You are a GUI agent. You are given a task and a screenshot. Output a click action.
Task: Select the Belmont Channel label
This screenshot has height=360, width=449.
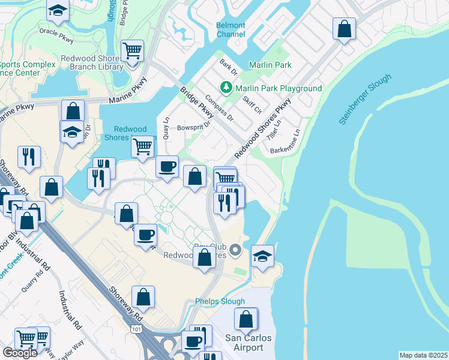point(231,29)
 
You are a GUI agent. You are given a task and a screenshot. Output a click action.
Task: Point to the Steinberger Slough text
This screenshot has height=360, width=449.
point(364,100)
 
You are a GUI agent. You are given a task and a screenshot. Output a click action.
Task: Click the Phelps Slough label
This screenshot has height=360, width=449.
point(220,301)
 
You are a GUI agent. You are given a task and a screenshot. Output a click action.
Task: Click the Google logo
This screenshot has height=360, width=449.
point(20,352)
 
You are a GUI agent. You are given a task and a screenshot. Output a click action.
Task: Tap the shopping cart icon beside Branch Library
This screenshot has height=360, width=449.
point(132,50)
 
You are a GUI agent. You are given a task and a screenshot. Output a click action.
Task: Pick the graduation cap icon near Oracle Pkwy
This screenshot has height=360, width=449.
point(58,9)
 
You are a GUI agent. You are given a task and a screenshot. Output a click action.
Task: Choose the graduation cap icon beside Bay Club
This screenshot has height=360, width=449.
point(262,256)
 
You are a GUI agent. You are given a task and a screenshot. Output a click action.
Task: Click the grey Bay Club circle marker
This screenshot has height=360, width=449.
point(235,250)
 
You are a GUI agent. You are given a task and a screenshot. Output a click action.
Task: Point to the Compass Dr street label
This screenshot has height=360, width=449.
point(218,107)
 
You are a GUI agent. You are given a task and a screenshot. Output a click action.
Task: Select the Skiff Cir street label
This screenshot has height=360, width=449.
point(252,104)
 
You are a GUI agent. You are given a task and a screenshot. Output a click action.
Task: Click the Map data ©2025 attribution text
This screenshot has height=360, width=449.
point(423,355)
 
